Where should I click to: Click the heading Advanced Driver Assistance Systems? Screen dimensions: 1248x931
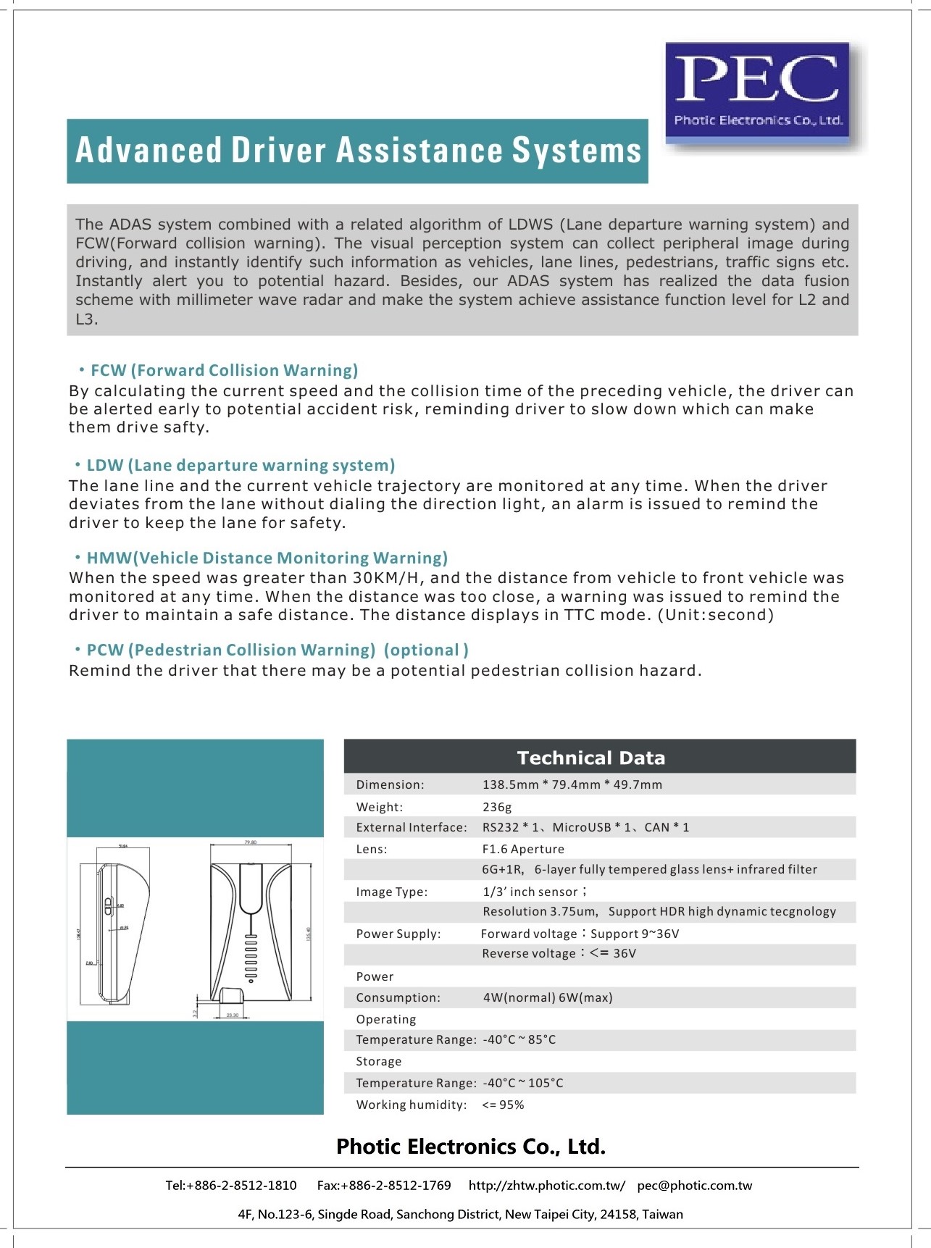click(x=358, y=151)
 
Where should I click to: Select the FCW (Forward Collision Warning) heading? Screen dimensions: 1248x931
click(x=224, y=371)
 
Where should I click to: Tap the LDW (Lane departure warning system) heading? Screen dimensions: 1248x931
click(x=241, y=465)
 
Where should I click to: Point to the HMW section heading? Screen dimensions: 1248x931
click(x=267, y=558)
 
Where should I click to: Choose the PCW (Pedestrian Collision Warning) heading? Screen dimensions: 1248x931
click(x=277, y=650)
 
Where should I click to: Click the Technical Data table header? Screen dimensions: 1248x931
click(x=591, y=758)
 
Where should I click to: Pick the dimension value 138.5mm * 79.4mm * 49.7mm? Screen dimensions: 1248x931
click(x=572, y=784)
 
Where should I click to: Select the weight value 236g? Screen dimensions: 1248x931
click(x=497, y=807)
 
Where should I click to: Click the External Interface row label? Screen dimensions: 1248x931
click(x=411, y=827)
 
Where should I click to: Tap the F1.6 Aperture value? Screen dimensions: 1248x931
click(x=523, y=849)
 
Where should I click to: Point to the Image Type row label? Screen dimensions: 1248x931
click(x=391, y=892)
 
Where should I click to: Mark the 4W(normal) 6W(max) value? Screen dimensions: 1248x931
click(x=548, y=997)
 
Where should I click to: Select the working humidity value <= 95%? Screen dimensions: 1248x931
click(x=503, y=1105)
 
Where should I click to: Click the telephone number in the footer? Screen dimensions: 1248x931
click(x=231, y=1186)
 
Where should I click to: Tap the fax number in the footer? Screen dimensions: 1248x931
click(x=384, y=1186)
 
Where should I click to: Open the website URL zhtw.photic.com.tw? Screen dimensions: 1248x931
click(x=546, y=1186)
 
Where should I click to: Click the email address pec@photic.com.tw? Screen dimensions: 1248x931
click(x=694, y=1186)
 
